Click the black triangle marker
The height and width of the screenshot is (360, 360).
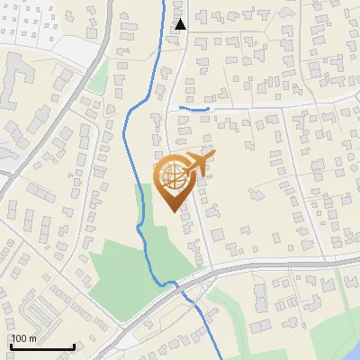(181, 24)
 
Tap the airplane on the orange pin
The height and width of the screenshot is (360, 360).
(200, 162)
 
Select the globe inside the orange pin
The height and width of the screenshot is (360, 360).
(171, 175)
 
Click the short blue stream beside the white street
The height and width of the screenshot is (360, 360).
(193, 109)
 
